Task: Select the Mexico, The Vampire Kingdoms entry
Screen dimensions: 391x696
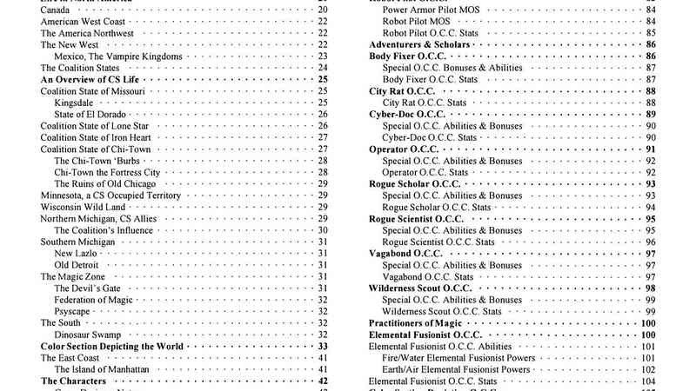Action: click(118, 56)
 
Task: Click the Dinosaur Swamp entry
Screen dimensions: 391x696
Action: click(87, 335)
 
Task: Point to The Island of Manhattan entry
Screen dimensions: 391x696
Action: click(103, 369)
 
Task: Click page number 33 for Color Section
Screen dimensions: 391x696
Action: click(322, 346)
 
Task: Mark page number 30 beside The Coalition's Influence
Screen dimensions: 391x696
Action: click(322, 230)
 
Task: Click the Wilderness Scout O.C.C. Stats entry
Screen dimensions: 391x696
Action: click(442, 311)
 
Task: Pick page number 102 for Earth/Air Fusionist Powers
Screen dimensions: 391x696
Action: click(648, 369)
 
